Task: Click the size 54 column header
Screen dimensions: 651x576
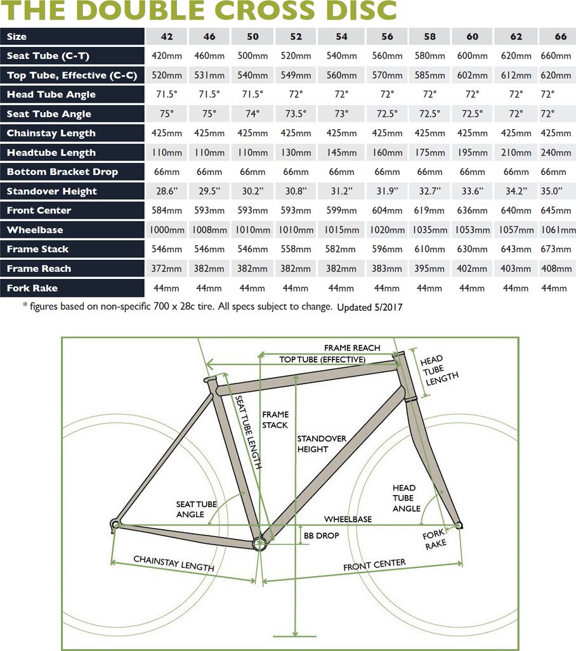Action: [x=341, y=36]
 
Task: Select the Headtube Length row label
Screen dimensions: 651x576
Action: [x=51, y=153]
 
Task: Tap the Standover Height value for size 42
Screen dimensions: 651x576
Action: [x=167, y=191]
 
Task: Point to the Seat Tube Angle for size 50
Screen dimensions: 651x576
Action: [x=252, y=114]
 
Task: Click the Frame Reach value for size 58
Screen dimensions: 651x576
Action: [x=429, y=269]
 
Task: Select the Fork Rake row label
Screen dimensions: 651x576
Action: [x=32, y=288]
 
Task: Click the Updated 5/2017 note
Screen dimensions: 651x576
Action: [x=370, y=307]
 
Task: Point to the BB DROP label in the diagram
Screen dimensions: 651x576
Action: [x=321, y=536]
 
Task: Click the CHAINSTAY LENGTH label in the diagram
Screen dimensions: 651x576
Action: [x=173, y=564]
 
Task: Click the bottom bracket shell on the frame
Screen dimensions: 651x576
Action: [x=259, y=543]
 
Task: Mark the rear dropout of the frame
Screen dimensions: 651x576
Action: [x=115, y=524]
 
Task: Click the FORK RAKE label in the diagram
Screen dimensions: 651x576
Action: [x=435, y=539]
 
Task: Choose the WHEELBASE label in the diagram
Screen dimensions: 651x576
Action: [x=348, y=519]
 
